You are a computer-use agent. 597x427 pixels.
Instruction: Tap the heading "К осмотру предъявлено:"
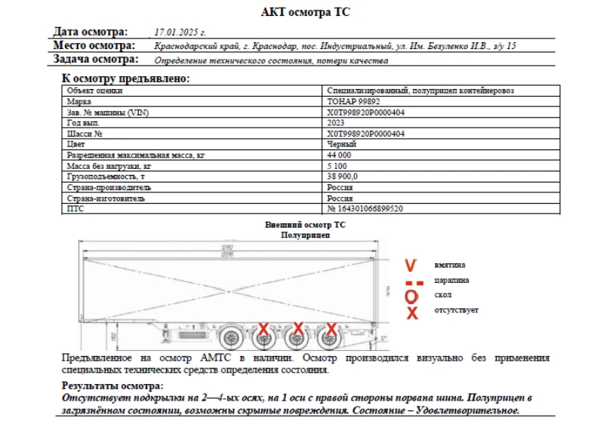pos(125,78)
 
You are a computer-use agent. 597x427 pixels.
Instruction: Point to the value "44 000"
pos(339,155)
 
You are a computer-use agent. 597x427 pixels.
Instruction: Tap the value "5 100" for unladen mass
pos(337,165)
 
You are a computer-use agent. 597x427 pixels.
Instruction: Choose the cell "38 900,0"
pos(342,176)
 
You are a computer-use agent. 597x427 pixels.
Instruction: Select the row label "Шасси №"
pos(85,134)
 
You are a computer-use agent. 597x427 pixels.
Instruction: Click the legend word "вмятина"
pos(450,265)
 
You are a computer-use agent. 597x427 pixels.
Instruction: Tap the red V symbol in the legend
pos(411,266)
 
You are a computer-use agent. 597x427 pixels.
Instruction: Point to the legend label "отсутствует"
pos(456,310)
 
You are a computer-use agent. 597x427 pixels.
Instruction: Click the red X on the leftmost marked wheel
pos(263,328)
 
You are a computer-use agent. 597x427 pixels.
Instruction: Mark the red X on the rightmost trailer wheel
pos(331,328)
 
